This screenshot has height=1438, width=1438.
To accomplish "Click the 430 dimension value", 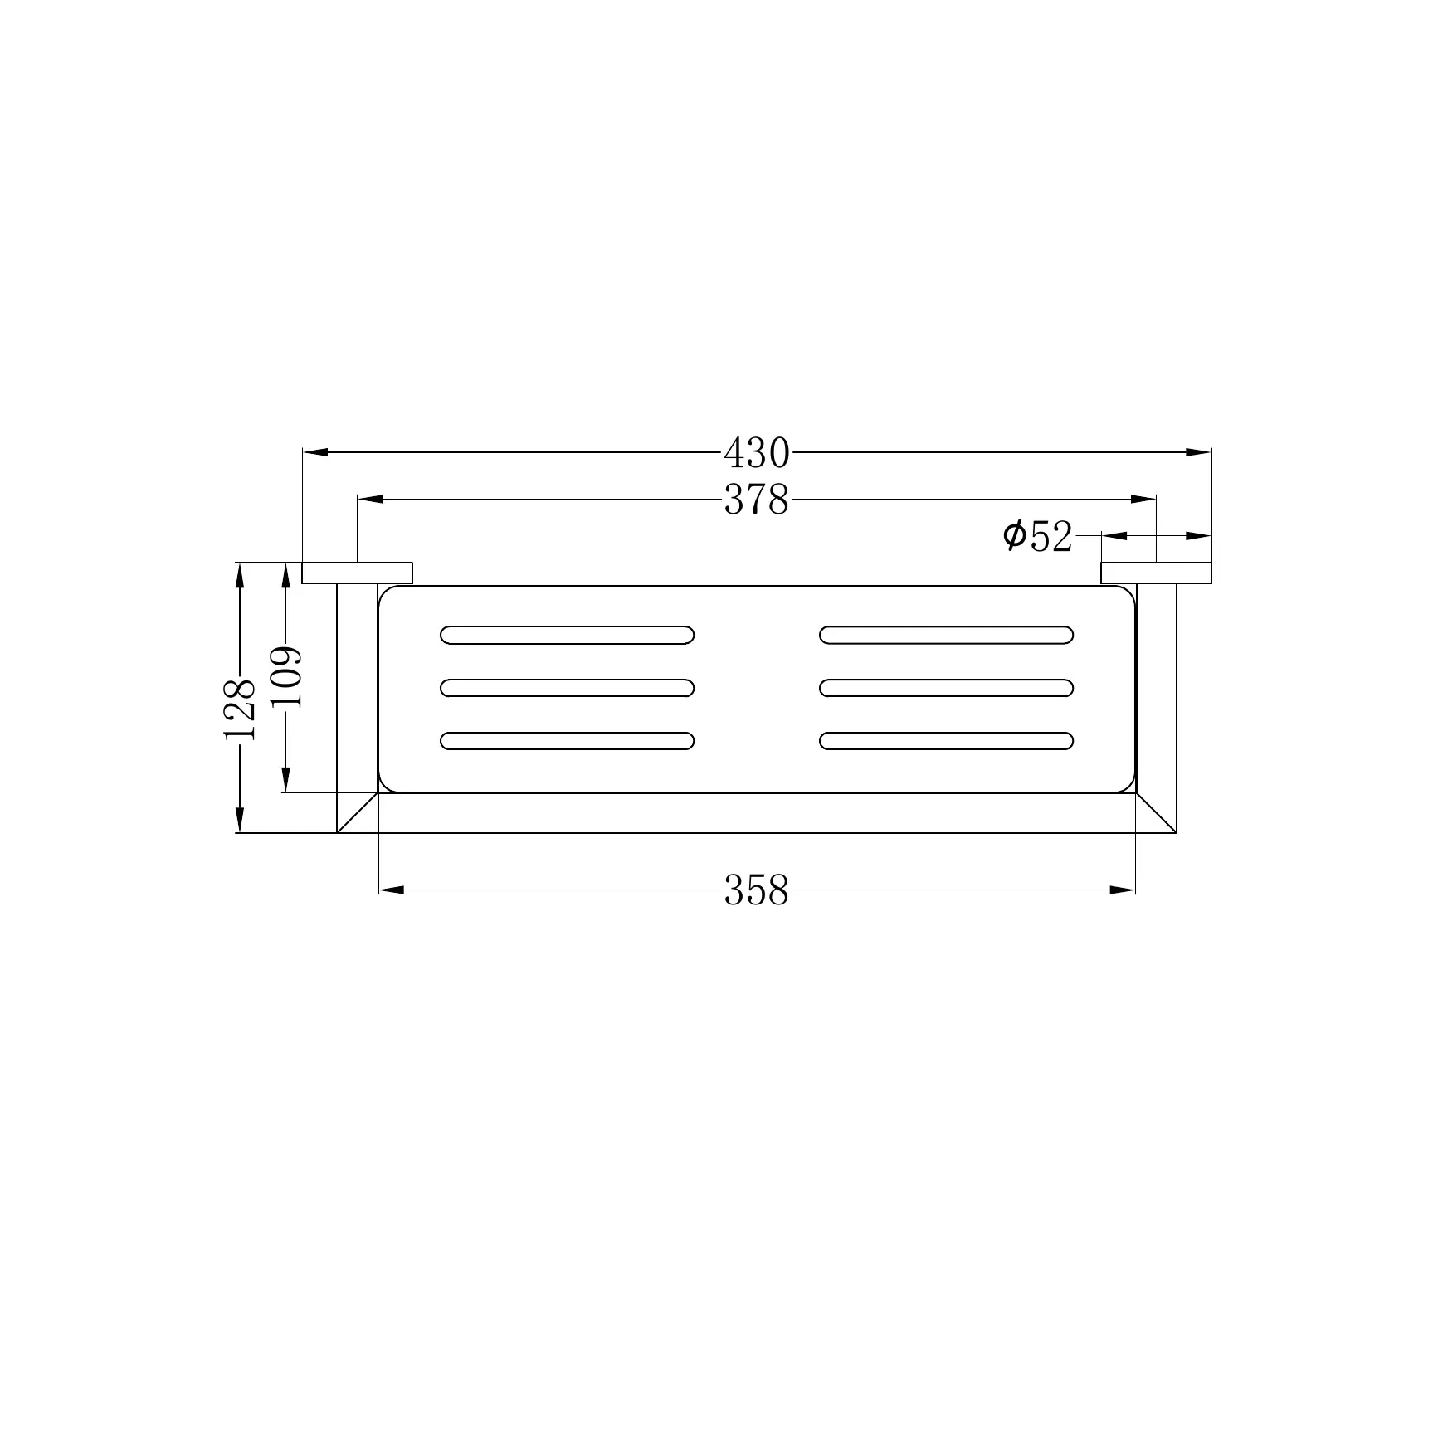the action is pyautogui.click(x=757, y=453).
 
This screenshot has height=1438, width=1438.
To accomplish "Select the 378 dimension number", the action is pyautogui.click(x=757, y=500).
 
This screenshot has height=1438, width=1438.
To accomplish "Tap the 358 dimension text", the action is pyautogui.click(x=757, y=890).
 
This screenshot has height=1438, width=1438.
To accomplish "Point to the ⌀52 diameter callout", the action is pyautogui.click(x=1037, y=536).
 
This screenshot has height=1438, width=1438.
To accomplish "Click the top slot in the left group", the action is pyautogui.click(x=568, y=635).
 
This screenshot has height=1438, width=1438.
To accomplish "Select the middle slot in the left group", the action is pyautogui.click(x=568, y=688).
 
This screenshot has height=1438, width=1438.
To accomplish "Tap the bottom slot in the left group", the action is pyautogui.click(x=568, y=741).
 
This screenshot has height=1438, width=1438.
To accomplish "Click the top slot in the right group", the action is pyautogui.click(x=947, y=635).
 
